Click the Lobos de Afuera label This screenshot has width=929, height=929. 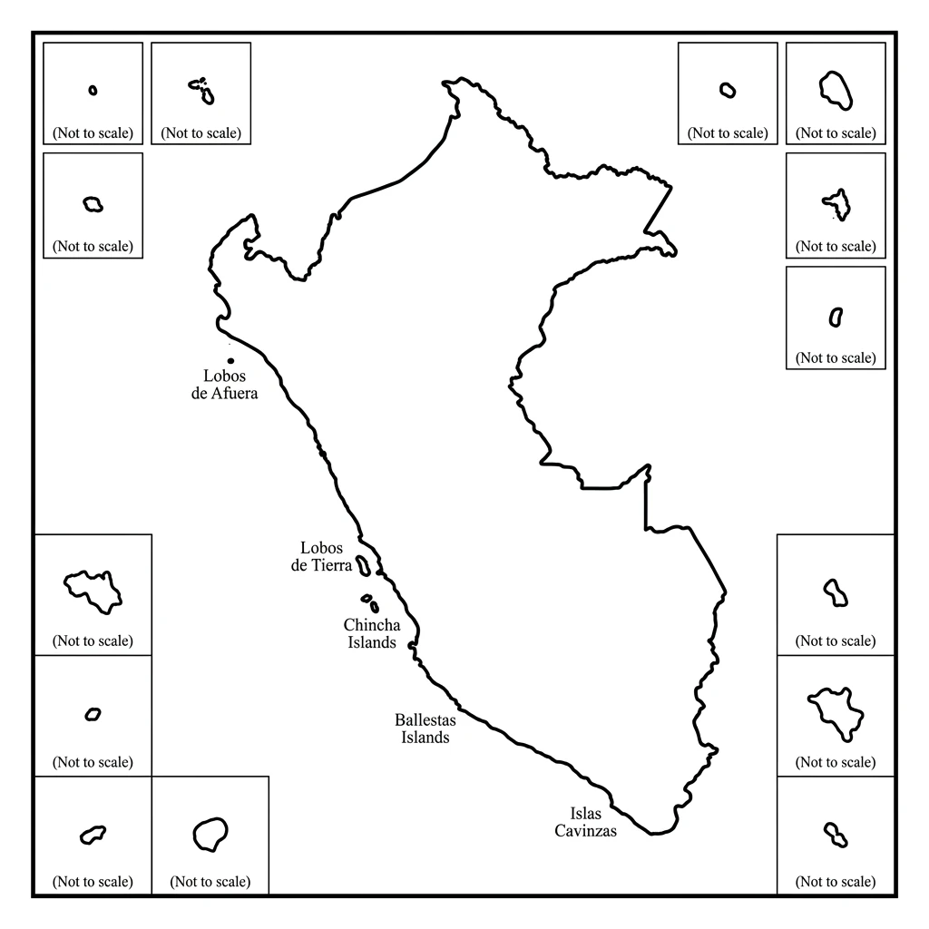(225, 385)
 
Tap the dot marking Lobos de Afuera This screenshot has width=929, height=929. (230, 361)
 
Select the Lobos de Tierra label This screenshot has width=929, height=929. (321, 557)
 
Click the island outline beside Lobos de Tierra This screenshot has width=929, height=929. (364, 565)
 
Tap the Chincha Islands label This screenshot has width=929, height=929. (372, 633)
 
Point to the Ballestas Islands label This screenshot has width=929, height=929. (425, 729)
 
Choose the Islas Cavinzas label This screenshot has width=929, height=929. (586, 822)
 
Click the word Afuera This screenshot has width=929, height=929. (234, 394)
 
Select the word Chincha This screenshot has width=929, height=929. (372, 625)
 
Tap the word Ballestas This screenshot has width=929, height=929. (425, 719)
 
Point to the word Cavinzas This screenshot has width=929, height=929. (586, 831)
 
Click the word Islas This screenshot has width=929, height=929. (585, 814)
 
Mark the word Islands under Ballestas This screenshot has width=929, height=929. (425, 738)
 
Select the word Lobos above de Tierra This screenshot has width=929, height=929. (322, 548)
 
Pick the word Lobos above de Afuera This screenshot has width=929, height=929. (225, 376)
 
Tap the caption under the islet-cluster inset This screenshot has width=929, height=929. (201, 133)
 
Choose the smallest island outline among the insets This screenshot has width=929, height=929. (93, 90)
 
